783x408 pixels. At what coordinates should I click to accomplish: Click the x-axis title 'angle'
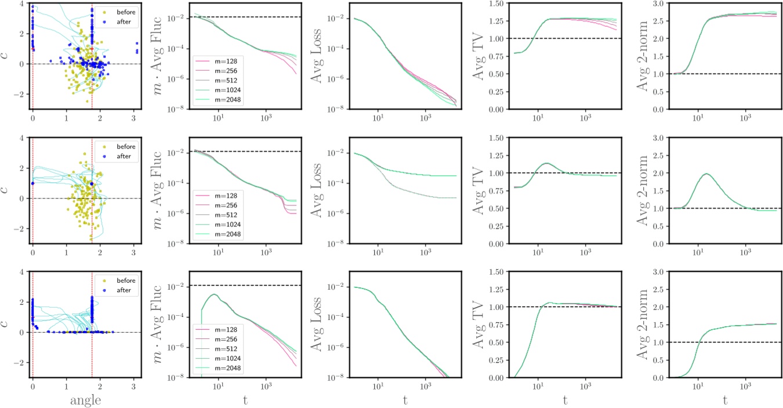click(84, 400)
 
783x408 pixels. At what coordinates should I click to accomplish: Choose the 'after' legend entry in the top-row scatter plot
click(121, 21)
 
